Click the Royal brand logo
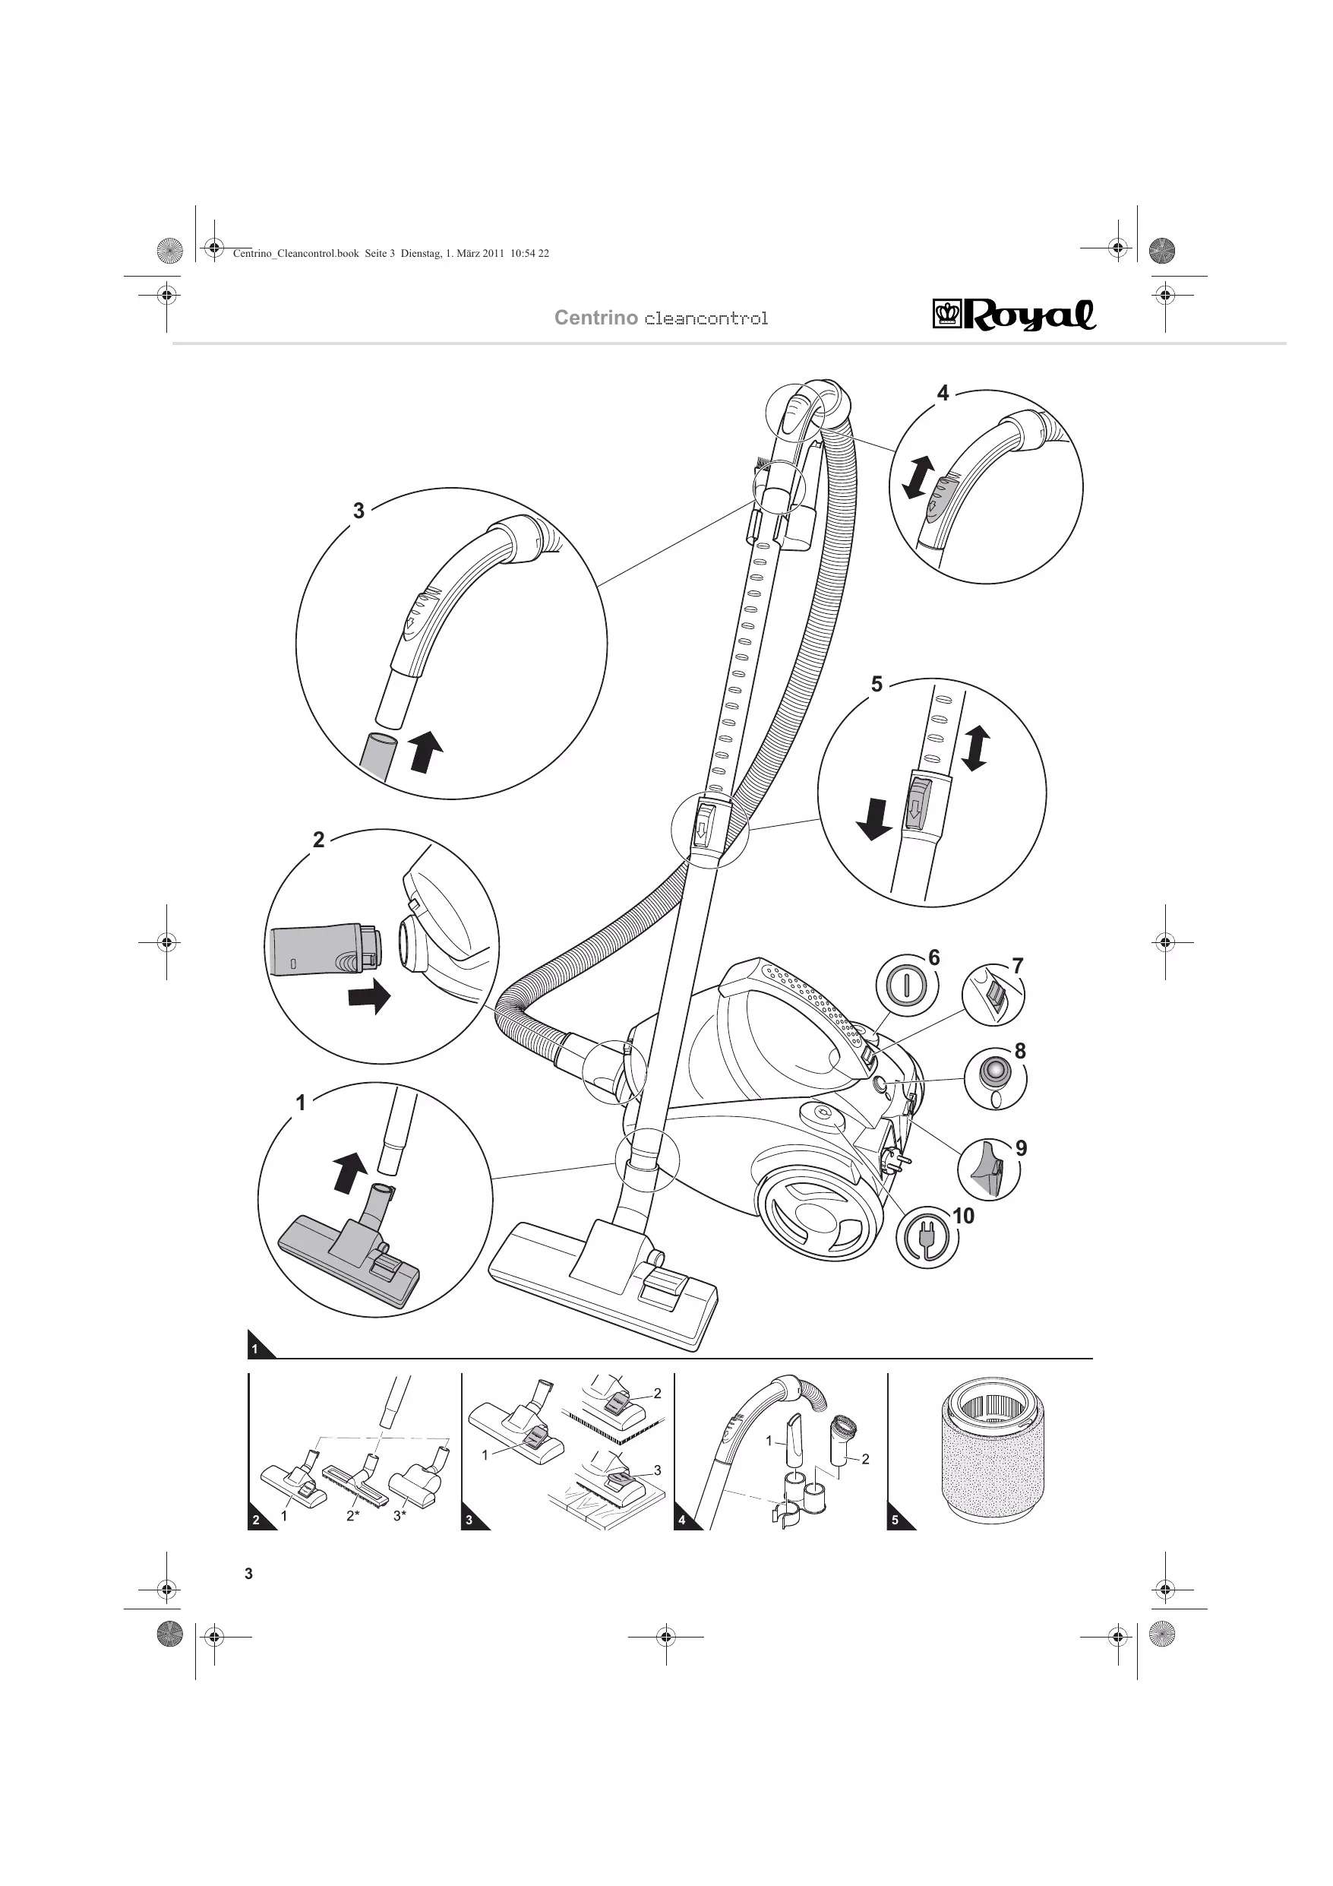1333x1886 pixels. (x=1014, y=314)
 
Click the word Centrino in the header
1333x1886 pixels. (x=595, y=318)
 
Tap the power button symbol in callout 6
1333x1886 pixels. (x=906, y=984)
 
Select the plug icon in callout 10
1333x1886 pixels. (x=927, y=1236)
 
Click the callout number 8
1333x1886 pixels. (x=1020, y=1051)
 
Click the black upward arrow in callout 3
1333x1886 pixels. (x=425, y=752)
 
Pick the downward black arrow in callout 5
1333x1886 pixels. (x=874, y=819)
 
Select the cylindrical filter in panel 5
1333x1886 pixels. (x=992, y=1451)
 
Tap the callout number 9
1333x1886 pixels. (x=1021, y=1147)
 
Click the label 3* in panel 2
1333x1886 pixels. (x=400, y=1515)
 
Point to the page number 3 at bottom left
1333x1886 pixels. (x=249, y=1574)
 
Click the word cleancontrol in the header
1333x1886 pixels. (x=706, y=318)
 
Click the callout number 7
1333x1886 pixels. (x=1018, y=965)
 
